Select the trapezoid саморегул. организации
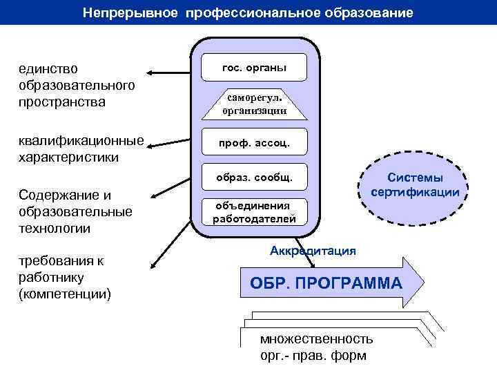[254, 104]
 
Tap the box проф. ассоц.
[254, 144]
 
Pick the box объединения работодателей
[254, 212]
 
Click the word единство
[49, 70]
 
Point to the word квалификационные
[82, 142]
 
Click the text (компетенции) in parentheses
[66, 294]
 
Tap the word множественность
[316, 339]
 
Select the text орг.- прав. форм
[313, 356]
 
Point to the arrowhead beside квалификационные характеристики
[149, 145]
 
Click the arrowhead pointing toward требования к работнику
[152, 265]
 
